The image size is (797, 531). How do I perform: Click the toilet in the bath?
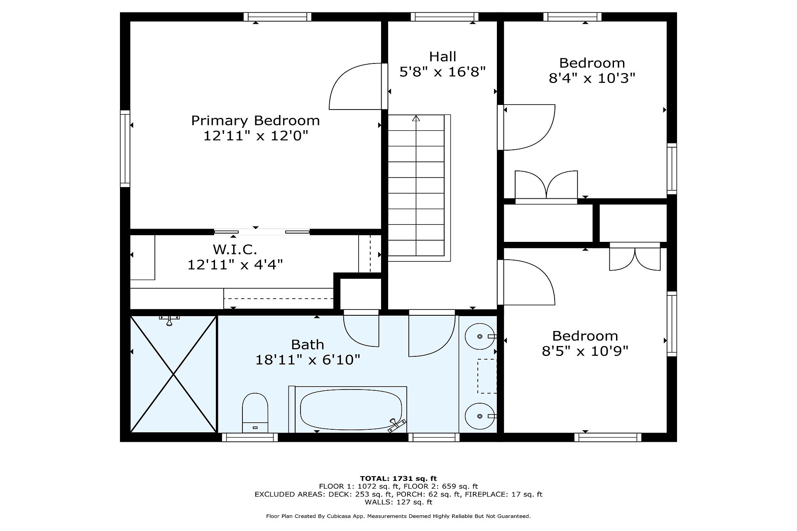click(255, 413)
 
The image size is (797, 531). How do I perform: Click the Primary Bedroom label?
click(255, 121)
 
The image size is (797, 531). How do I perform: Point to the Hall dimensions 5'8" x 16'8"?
click(443, 72)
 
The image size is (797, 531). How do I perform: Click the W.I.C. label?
click(235, 250)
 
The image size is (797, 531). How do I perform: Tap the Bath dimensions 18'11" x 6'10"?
click(308, 359)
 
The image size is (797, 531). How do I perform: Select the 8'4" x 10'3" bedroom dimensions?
click(592, 78)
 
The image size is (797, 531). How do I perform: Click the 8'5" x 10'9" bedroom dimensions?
click(585, 351)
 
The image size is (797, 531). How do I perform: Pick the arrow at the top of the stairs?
click(416, 118)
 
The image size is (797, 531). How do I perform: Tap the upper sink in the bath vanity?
click(479, 336)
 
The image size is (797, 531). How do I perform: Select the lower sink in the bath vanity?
click(479, 416)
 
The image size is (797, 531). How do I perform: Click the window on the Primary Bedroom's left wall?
click(125, 149)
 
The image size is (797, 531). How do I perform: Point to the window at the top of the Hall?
click(445, 17)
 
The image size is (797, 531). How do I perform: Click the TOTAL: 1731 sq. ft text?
click(398, 478)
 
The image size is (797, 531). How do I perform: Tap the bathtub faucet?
click(396, 425)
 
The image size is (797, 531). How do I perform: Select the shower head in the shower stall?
click(169, 320)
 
